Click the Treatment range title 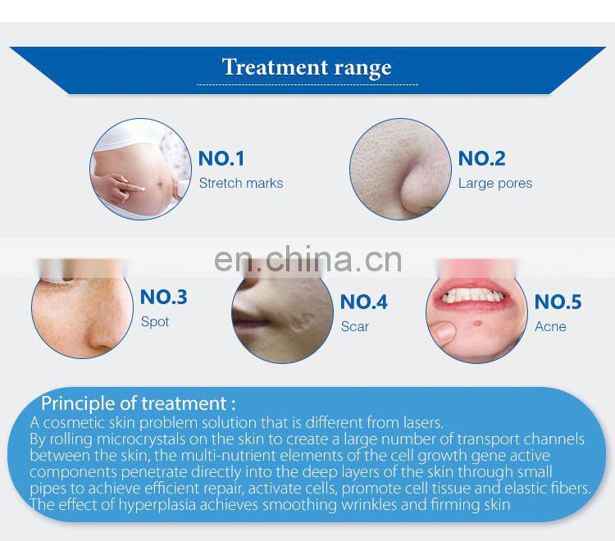307,66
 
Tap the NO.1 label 221,158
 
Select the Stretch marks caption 241,183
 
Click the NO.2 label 481,158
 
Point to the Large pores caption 495,183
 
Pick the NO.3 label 164,297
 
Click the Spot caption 155,321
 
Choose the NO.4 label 363,302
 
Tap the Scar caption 355,326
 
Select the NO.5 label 558,302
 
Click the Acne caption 550,326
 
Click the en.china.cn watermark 307,258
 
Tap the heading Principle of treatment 139,402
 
